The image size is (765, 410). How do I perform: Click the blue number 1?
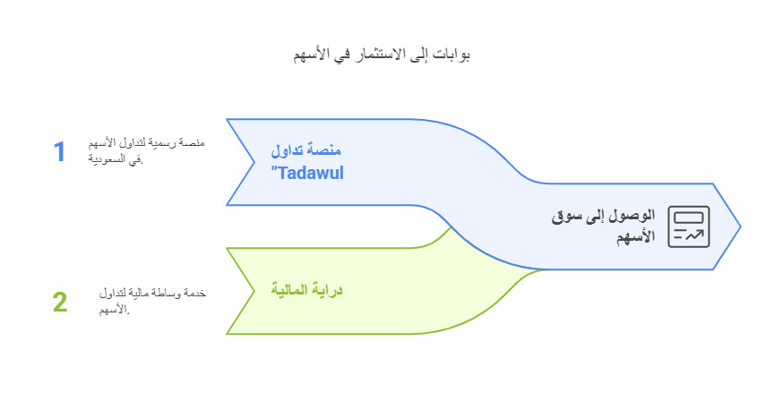point(60,151)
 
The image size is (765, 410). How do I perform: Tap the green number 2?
point(60,302)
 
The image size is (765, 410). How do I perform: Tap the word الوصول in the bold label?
point(634,217)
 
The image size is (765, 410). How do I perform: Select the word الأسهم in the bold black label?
point(636,237)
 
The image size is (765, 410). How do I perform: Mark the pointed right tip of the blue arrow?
point(740,226)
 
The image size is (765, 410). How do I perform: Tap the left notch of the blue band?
point(249,162)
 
